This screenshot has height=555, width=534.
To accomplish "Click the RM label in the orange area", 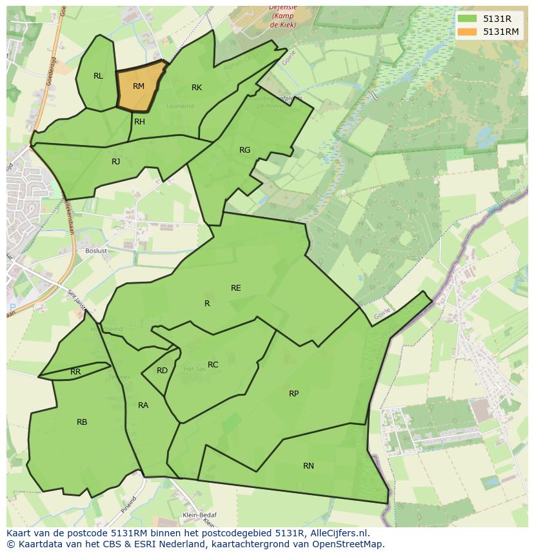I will click(x=139, y=86).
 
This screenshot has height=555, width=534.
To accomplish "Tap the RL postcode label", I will click(x=98, y=76).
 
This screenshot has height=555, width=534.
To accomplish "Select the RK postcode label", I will click(x=197, y=88).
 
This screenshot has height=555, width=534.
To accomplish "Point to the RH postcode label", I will click(x=139, y=121).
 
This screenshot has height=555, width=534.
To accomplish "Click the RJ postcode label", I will click(x=116, y=162).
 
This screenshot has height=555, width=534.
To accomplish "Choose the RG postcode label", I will click(x=244, y=150).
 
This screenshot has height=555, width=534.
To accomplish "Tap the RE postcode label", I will click(x=236, y=288).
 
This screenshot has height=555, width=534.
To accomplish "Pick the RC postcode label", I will click(x=213, y=365).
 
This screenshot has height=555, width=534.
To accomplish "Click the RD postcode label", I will click(x=162, y=371).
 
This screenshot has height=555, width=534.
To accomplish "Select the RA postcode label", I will click(x=143, y=405).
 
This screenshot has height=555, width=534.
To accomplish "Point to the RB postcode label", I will click(x=82, y=422).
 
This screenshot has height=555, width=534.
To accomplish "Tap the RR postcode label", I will click(x=75, y=372).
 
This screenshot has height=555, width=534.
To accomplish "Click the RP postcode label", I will click(x=293, y=394).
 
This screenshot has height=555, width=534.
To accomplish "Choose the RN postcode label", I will click(x=308, y=466).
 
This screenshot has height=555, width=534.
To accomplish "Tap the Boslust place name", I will click(x=96, y=251).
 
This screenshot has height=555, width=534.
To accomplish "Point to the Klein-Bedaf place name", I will click(x=199, y=515).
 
